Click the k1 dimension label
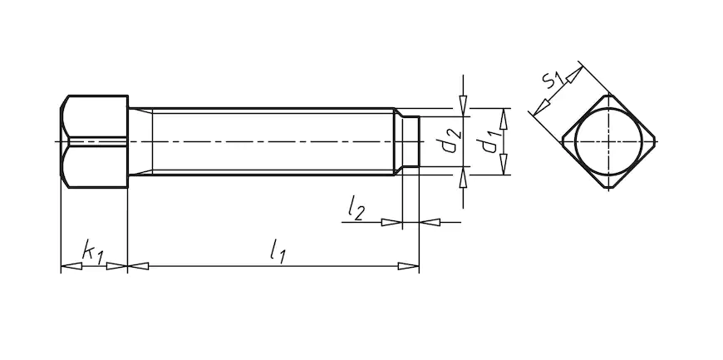(94, 252)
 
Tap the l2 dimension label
(357, 208)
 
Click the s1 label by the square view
(553, 78)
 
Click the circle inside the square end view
(608, 141)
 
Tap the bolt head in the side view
(94, 141)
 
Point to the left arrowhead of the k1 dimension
(71, 266)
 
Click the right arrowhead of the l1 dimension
(409, 266)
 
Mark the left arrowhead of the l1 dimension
(138, 266)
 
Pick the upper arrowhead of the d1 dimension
(504, 119)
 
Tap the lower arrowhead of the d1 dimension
(504, 165)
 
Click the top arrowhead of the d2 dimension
(463, 106)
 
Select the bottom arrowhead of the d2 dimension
(463, 177)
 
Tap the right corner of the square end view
(656, 141)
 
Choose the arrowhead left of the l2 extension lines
(392, 223)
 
